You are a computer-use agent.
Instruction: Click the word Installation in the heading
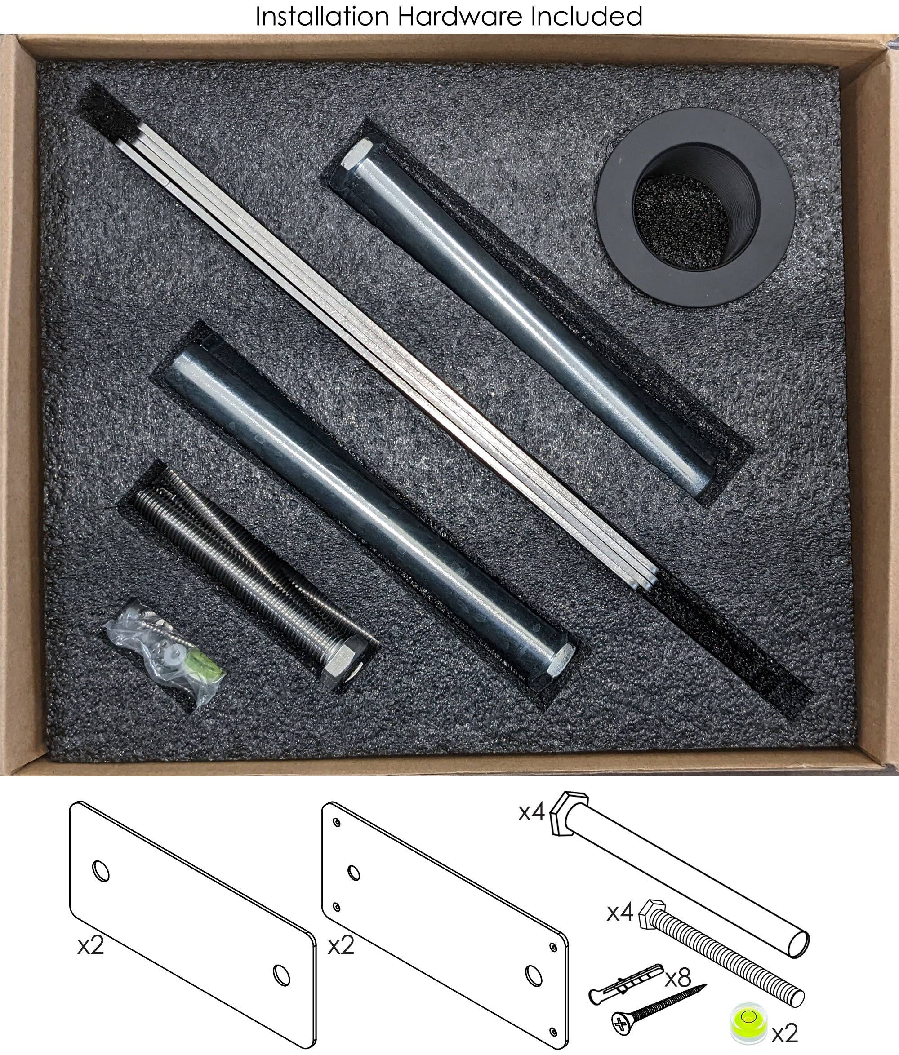pyautogui.click(x=323, y=16)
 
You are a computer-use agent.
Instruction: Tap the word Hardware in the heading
pyautogui.click(x=461, y=16)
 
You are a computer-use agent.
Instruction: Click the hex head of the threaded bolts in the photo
pyautogui.click(x=345, y=662)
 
